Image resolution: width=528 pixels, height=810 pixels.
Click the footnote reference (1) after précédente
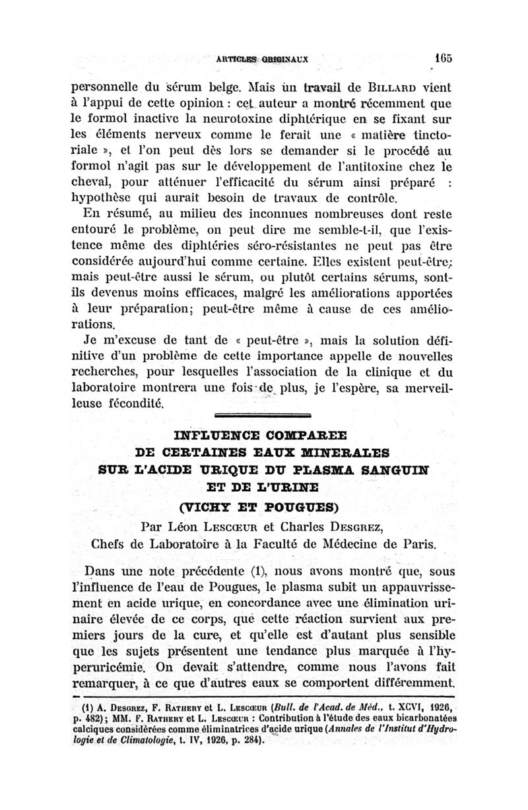pos(238,571)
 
